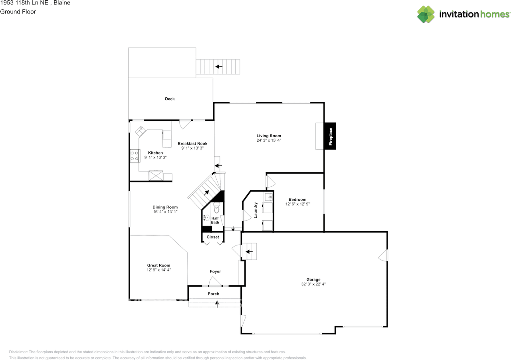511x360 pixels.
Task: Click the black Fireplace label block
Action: pyautogui.click(x=330, y=136)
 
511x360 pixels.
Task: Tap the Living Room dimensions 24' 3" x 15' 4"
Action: pyautogui.click(x=269, y=140)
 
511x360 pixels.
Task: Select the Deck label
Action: pyautogui.click(x=170, y=99)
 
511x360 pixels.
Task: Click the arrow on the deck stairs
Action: pyautogui.click(x=219, y=67)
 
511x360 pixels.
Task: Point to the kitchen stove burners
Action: pyautogui.click(x=135, y=156)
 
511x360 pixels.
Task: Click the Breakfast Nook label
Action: pyautogui.click(x=192, y=144)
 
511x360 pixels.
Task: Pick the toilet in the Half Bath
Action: pyautogui.click(x=216, y=208)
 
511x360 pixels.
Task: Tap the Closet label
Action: pyautogui.click(x=213, y=237)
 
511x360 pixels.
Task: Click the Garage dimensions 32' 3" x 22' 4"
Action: pyautogui.click(x=313, y=284)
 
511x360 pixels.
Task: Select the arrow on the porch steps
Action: pyautogui.click(x=217, y=304)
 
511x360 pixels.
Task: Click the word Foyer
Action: pyautogui.click(x=215, y=271)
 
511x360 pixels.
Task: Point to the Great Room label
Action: pyautogui.click(x=158, y=265)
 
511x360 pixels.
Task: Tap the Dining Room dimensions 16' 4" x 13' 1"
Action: pyautogui.click(x=165, y=212)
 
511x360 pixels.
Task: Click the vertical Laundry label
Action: pyautogui.click(x=255, y=210)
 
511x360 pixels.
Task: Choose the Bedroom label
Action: pyautogui.click(x=297, y=200)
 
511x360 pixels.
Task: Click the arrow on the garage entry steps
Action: pyautogui.click(x=249, y=252)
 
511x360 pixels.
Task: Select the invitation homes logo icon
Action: pyautogui.click(x=426, y=14)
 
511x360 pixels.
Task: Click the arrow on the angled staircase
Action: pyautogui.click(x=206, y=193)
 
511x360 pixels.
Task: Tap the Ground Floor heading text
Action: pyautogui.click(x=18, y=12)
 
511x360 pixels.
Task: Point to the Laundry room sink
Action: pyautogui.click(x=269, y=197)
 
